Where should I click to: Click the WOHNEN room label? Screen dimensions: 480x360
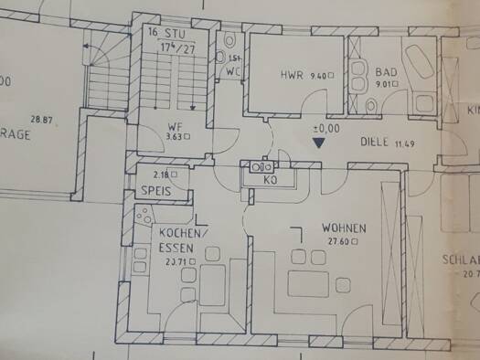point(344,228)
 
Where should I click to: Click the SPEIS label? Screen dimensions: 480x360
point(156,191)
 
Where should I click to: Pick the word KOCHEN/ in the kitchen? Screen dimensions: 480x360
point(172,232)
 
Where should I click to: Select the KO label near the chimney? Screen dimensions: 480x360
point(271,182)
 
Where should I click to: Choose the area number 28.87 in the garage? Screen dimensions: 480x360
point(43,119)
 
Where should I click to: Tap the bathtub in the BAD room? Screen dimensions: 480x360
point(423,65)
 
